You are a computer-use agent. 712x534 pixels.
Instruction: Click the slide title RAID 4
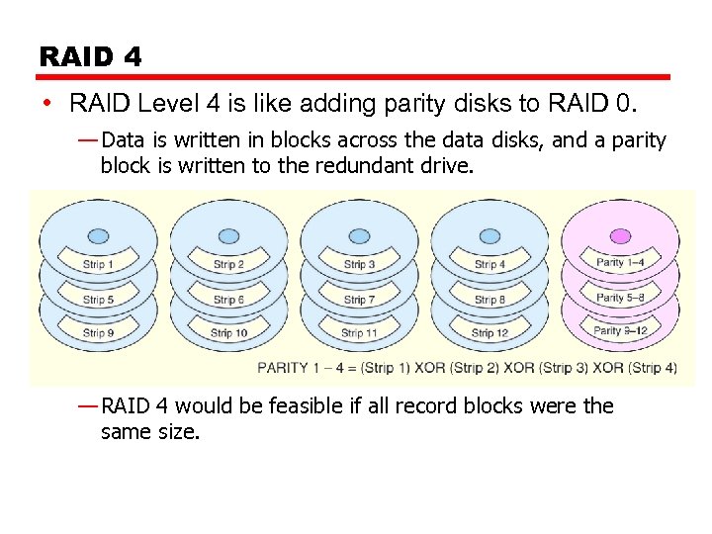coord(90,57)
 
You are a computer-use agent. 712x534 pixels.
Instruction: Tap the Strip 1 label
coord(98,264)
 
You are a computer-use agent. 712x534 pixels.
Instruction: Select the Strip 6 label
coord(228,300)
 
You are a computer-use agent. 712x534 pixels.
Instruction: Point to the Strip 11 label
coord(359,333)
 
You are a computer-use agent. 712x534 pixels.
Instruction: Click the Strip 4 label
coord(489,264)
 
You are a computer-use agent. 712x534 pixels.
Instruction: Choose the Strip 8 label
coord(489,300)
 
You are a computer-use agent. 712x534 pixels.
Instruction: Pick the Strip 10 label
coord(228,333)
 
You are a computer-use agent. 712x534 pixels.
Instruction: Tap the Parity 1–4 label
coord(620,262)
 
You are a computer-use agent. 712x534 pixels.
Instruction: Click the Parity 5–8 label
coord(620,297)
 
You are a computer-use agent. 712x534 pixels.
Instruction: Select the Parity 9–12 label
coord(620,330)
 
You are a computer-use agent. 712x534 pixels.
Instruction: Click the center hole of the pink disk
coord(620,236)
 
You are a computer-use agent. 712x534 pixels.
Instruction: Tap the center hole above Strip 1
coord(98,236)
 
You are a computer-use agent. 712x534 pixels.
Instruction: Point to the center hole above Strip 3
coord(359,236)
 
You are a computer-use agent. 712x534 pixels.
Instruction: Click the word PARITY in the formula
coord(283,368)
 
